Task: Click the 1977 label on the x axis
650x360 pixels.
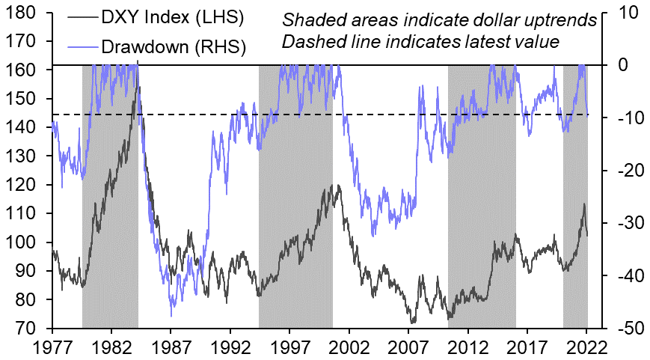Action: click(x=52, y=347)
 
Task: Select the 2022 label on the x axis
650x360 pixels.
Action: click(x=587, y=347)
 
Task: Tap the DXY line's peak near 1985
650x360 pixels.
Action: click(x=138, y=70)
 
